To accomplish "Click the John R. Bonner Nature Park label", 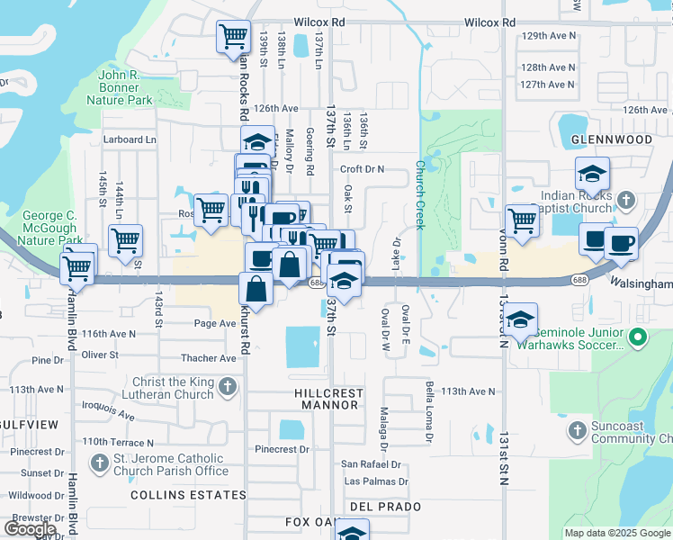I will [119, 87].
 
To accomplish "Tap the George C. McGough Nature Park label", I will [54, 229].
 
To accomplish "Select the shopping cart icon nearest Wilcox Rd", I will [233, 37].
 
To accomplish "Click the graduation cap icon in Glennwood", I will [592, 173].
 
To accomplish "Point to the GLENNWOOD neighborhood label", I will [611, 139].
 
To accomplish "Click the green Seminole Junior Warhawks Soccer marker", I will [638, 338].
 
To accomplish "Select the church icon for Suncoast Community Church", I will [576, 431].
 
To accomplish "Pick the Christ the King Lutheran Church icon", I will [227, 387].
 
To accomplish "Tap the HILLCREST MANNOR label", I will [328, 400].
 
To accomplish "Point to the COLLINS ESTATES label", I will [188, 495].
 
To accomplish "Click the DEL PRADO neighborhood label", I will [386, 507].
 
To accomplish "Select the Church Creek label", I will [419, 195].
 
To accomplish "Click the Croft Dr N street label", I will [362, 169].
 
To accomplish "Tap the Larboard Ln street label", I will [130, 139].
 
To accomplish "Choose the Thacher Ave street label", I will [210, 357].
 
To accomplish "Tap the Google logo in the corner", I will [31, 528].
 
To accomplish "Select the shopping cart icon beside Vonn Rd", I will [522, 219].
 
